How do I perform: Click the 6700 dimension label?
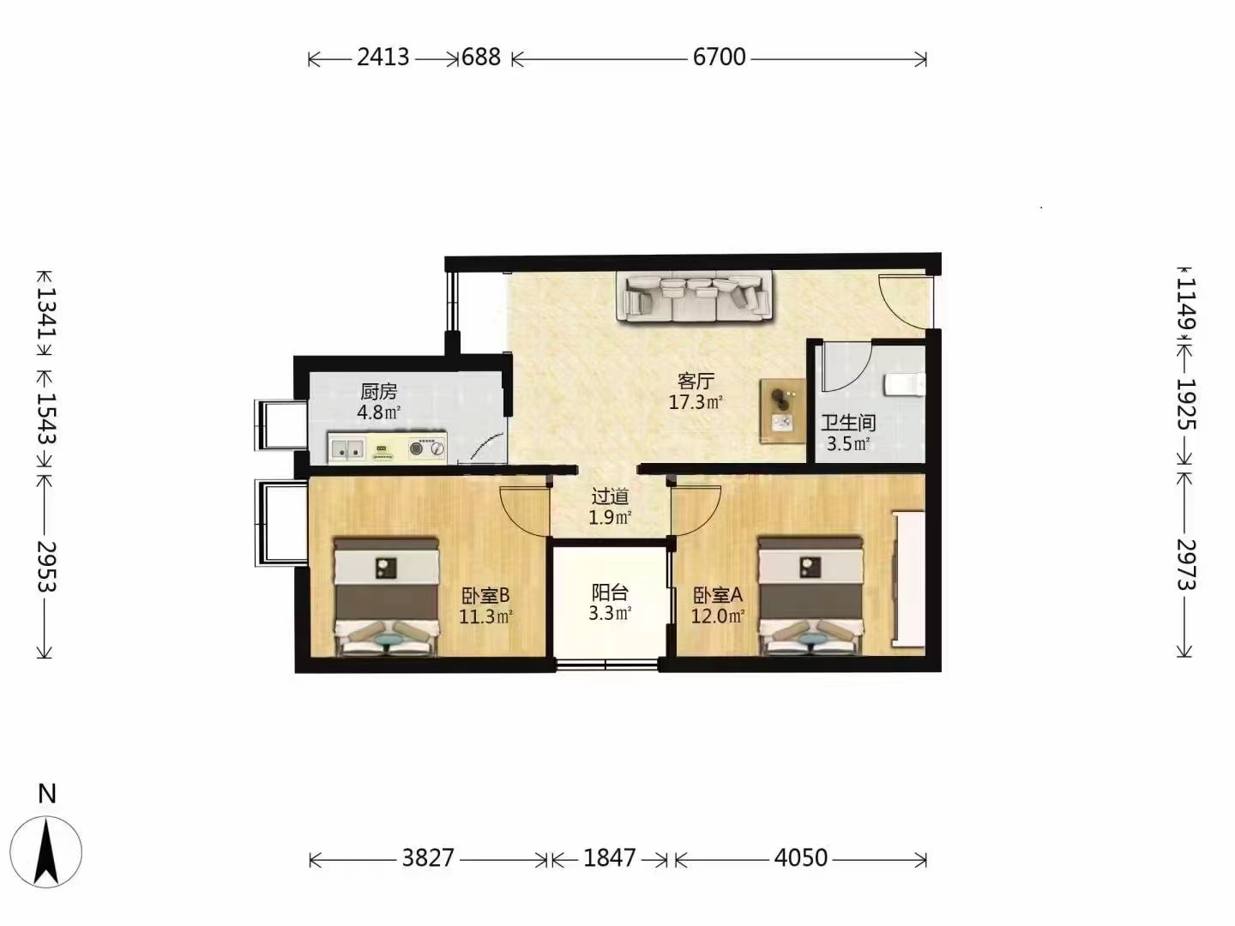click(719, 57)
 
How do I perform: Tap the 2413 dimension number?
click(383, 57)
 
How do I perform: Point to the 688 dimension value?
click(481, 57)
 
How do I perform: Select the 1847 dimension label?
click(609, 857)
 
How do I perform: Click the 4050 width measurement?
click(801, 857)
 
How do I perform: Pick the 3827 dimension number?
click(428, 857)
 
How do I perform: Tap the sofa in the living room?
click(694, 297)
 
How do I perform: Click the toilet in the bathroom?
click(905, 385)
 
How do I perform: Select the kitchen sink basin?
click(346, 449)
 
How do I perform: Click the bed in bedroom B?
click(386, 597)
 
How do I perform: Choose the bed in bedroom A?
click(810, 597)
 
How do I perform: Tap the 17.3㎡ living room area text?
click(696, 403)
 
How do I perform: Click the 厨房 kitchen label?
click(379, 391)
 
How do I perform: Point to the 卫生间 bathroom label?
click(848, 423)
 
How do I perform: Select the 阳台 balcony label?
click(609, 592)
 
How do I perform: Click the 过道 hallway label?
click(609, 496)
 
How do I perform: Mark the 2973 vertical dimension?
click(1185, 564)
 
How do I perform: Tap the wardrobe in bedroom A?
click(909, 579)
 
